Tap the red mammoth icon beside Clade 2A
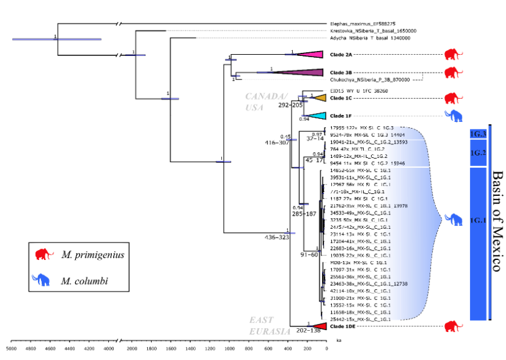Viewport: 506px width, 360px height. click(453, 55)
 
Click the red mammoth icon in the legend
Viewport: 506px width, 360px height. click(45, 255)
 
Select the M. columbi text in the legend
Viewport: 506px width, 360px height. click(85, 281)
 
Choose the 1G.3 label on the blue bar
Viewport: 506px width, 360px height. click(477, 134)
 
